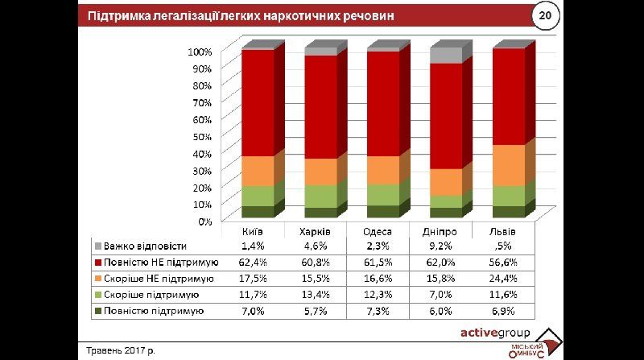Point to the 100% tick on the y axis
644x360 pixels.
200,52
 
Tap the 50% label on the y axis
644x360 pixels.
201,136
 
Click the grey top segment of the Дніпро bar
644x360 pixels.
446,56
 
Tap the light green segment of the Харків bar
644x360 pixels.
320,196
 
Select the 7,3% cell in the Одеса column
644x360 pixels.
380,310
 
